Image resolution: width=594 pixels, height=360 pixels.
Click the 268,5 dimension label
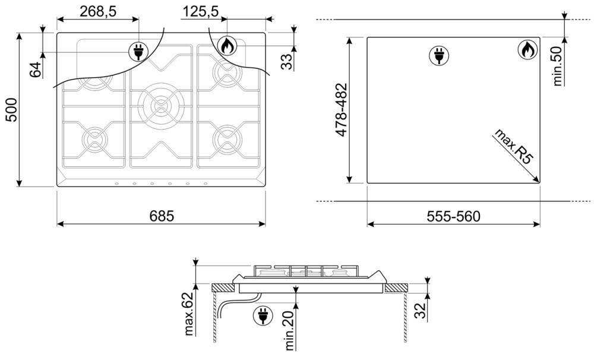coord(98,11)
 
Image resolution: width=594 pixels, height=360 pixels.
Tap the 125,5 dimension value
coord(200,11)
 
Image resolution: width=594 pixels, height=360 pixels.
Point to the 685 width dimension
coord(162,216)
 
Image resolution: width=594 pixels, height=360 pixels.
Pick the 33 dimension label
coord(287,61)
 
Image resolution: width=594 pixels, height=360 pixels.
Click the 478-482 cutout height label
coord(342,110)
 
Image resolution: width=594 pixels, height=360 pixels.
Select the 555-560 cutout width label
coord(453,216)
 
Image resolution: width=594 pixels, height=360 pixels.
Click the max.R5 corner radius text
coord(513,146)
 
